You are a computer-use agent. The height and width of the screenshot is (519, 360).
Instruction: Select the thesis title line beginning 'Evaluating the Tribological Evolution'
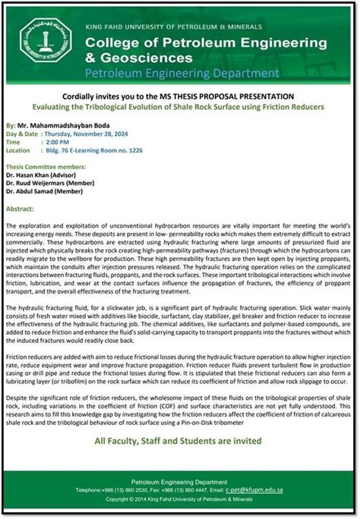pyautogui.click(x=179, y=107)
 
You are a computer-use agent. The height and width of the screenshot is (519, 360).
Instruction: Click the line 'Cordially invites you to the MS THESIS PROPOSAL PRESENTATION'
pyautogui.click(x=179, y=96)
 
